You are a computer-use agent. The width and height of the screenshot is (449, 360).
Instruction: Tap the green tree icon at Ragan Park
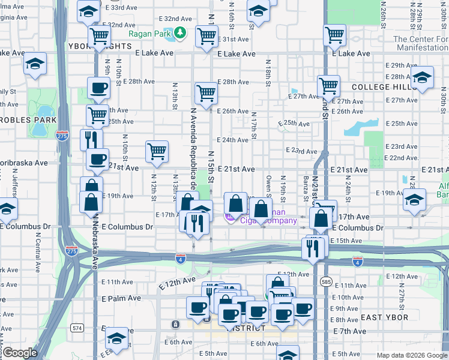[x=179, y=34]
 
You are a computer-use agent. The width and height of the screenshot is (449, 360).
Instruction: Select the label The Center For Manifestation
[x=420, y=43]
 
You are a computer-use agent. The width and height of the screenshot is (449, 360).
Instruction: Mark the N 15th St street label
[x=211, y=171]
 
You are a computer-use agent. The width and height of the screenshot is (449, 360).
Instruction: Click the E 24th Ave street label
[x=232, y=140]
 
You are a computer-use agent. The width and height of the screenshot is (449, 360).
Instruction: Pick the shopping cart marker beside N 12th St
[x=157, y=151]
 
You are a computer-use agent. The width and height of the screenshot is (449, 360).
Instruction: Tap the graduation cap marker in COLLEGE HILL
[x=422, y=77]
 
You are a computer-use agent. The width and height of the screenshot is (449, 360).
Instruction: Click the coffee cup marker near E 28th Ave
[x=98, y=88]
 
